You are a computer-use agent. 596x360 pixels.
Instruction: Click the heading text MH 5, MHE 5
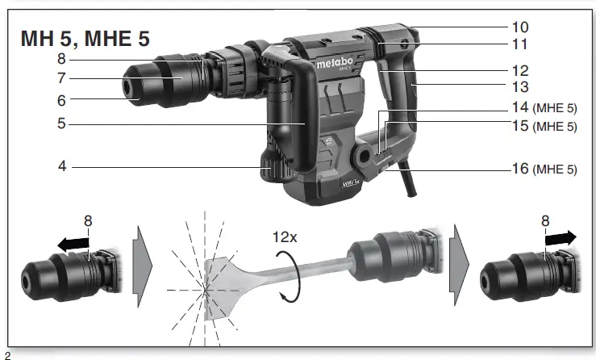pos(85,38)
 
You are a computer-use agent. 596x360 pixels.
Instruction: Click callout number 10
pos(519,27)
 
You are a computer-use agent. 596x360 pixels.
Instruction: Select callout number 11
pos(519,44)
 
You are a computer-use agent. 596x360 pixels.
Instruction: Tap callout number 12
pos(519,71)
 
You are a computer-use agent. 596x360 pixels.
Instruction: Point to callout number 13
pos(519,86)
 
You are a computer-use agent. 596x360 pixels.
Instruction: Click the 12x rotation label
pos(287,238)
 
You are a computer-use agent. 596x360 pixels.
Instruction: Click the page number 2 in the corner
pos(7,354)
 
